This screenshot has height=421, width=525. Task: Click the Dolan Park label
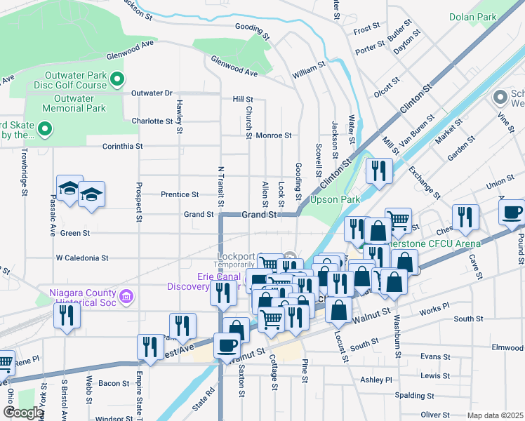tap(473, 17)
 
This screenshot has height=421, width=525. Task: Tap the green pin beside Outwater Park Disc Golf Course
tap(118, 79)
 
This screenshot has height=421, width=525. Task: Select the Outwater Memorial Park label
tap(74, 103)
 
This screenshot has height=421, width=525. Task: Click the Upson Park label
tap(340, 200)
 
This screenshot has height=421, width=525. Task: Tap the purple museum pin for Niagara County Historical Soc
tap(126, 297)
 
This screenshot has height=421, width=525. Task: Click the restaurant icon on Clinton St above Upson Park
tap(378, 171)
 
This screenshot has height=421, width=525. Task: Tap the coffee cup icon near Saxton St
tap(228, 344)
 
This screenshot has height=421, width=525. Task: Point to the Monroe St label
tap(273, 135)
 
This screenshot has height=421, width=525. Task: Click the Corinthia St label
tap(122, 147)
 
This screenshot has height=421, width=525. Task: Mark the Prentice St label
tap(180, 194)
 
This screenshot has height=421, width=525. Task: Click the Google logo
tap(23, 413)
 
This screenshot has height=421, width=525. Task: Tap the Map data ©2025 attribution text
tap(494, 415)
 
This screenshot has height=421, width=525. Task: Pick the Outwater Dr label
tap(149, 93)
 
